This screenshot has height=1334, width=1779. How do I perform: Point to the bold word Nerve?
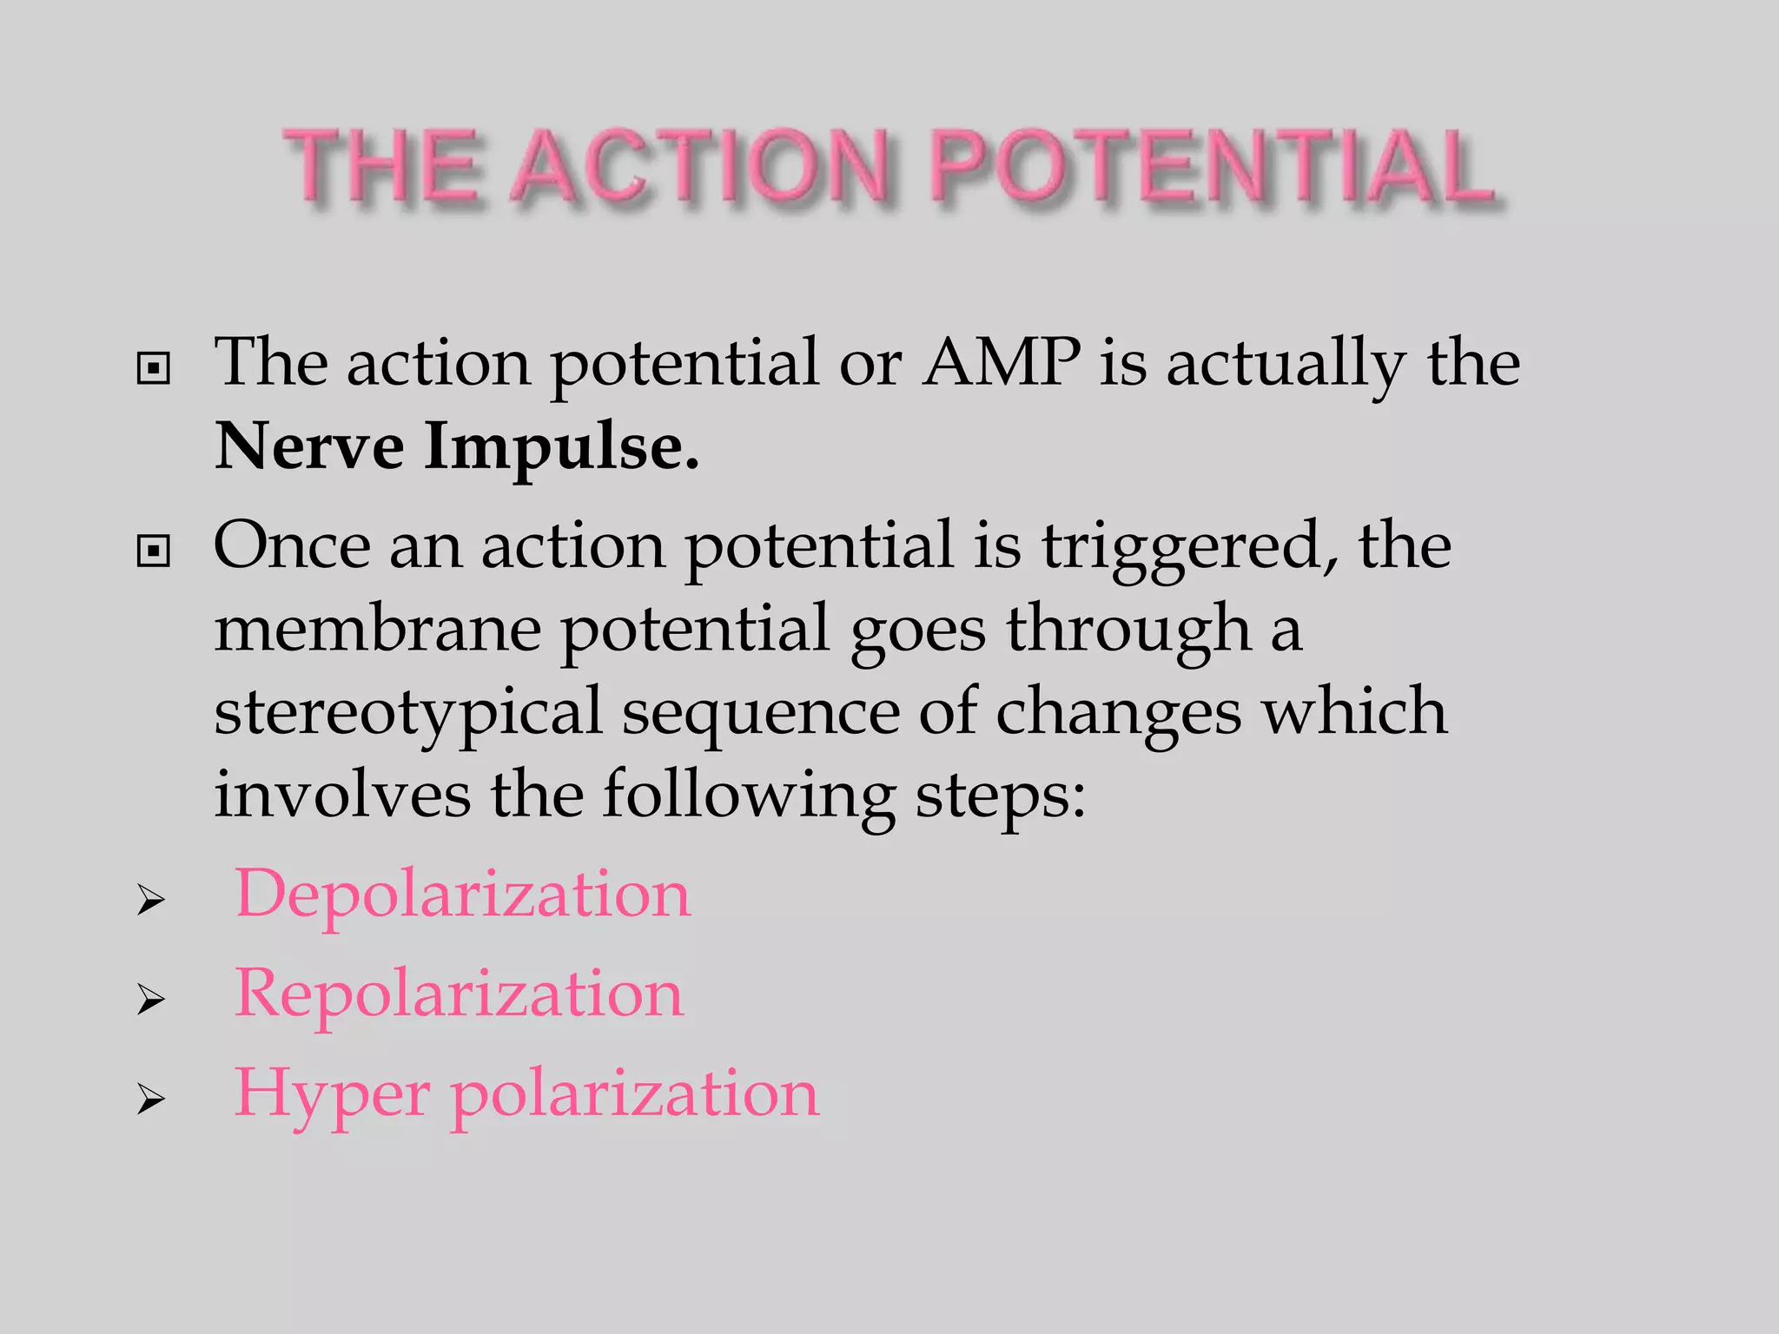pyautogui.click(x=309, y=446)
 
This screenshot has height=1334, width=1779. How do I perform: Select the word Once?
pyautogui.click(x=292, y=545)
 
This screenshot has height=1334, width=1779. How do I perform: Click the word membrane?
pyautogui.click(x=378, y=629)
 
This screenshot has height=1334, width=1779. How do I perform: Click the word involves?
pyautogui.click(x=342, y=794)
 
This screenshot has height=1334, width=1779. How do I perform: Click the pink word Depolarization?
pyautogui.click(x=463, y=894)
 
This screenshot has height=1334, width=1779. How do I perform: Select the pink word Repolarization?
pyautogui.click(x=460, y=994)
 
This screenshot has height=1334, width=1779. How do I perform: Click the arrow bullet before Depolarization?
pyautogui.click(x=151, y=901)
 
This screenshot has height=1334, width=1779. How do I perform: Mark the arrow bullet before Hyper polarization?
pyautogui.click(x=151, y=1101)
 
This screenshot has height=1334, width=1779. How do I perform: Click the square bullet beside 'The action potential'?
pyautogui.click(x=154, y=369)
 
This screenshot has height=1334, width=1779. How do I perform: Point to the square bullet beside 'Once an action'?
pyautogui.click(x=154, y=551)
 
